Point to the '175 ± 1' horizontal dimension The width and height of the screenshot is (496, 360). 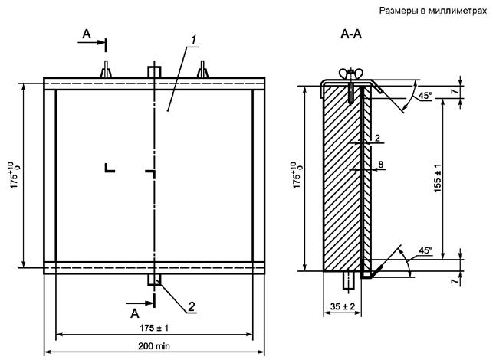click(154, 328)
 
